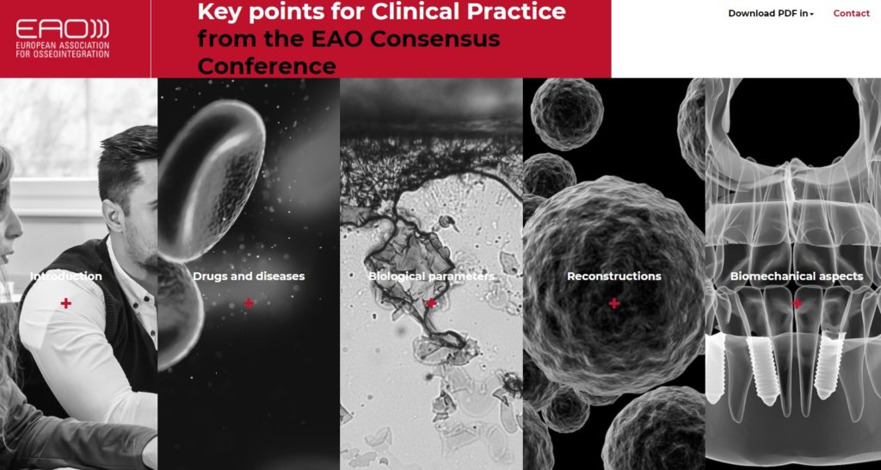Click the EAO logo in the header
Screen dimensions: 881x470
click(62, 38)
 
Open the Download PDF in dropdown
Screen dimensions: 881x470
click(771, 14)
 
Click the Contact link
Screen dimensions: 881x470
click(851, 14)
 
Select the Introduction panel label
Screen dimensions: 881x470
click(65, 276)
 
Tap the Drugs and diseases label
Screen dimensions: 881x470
click(249, 276)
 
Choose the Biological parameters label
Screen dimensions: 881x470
click(432, 276)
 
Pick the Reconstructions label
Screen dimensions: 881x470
click(614, 276)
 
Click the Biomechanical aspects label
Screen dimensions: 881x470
click(797, 276)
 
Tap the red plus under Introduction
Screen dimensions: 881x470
click(65, 304)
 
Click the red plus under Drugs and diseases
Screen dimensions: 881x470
click(249, 304)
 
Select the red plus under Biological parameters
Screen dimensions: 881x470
click(432, 304)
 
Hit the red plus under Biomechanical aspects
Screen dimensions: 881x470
click(797, 304)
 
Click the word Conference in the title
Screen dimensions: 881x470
click(267, 65)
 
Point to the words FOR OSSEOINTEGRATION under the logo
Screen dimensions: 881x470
click(62, 54)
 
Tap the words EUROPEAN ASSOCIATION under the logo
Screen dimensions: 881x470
click(62, 45)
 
